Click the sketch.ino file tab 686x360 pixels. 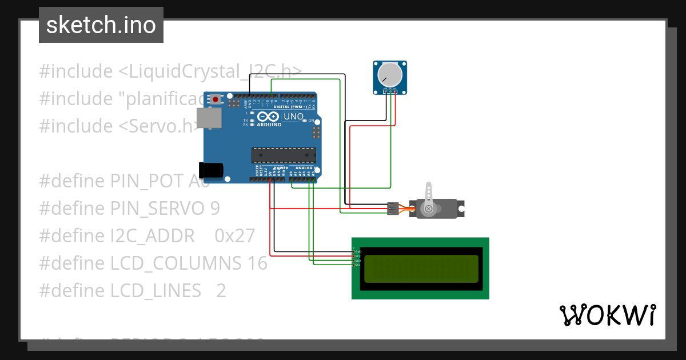point(101,25)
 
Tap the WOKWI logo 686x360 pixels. point(607,315)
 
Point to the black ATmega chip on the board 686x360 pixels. point(284,155)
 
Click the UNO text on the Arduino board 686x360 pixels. point(293,117)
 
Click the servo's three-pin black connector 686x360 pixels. point(392,209)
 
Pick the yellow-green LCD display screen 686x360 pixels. point(421,269)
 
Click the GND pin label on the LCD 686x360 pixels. point(358,251)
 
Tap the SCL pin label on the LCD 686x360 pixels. point(358,265)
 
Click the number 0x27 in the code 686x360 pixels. point(234,235)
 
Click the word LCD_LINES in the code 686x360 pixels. point(155,290)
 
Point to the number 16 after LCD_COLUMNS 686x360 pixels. point(258,263)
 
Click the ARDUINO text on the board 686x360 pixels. point(269,125)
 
